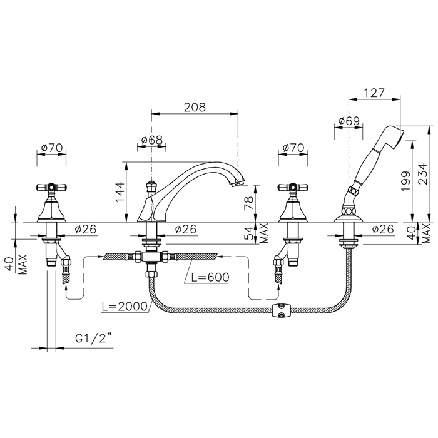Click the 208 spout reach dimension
point(195,107)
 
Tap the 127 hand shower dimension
point(374,93)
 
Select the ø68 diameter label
point(151,140)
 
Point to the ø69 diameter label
point(349,121)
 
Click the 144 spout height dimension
point(120,192)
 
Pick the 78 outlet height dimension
point(248,200)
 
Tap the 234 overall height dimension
point(423,174)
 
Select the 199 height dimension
point(405,181)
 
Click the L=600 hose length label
point(210,277)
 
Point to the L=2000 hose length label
point(125,307)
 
